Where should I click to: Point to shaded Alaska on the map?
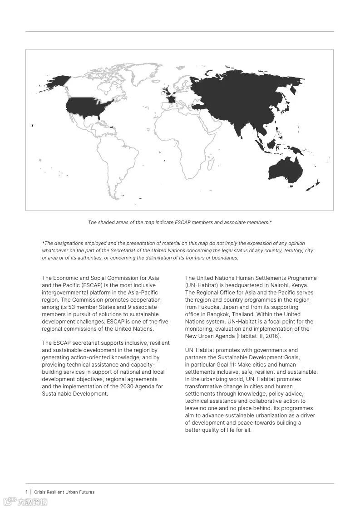tap(57, 82)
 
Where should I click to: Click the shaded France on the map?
tap(169, 98)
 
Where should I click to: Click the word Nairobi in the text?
tap(283, 285)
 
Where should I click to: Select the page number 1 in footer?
tap(26, 492)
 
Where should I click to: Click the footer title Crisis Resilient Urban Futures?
tap(64, 492)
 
